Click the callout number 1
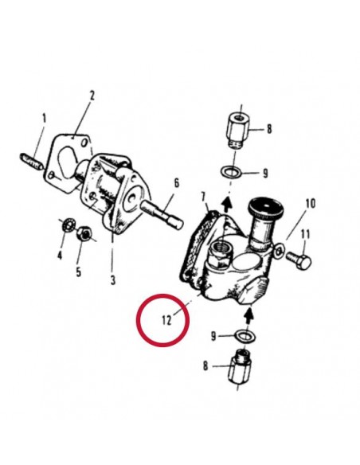tap(44, 119)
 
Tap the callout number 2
tap(92, 96)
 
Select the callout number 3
tap(113, 279)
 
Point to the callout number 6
tap(177, 183)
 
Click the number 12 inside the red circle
tap(166, 320)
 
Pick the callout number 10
tap(311, 204)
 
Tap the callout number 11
tap(305, 234)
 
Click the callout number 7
tap(203, 197)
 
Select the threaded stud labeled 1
tap(32, 162)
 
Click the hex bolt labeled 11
tap(299, 260)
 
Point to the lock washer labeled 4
tap(68, 225)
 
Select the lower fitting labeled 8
tap(240, 366)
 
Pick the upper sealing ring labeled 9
tap(231, 171)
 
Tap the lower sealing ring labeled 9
tap(245, 336)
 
